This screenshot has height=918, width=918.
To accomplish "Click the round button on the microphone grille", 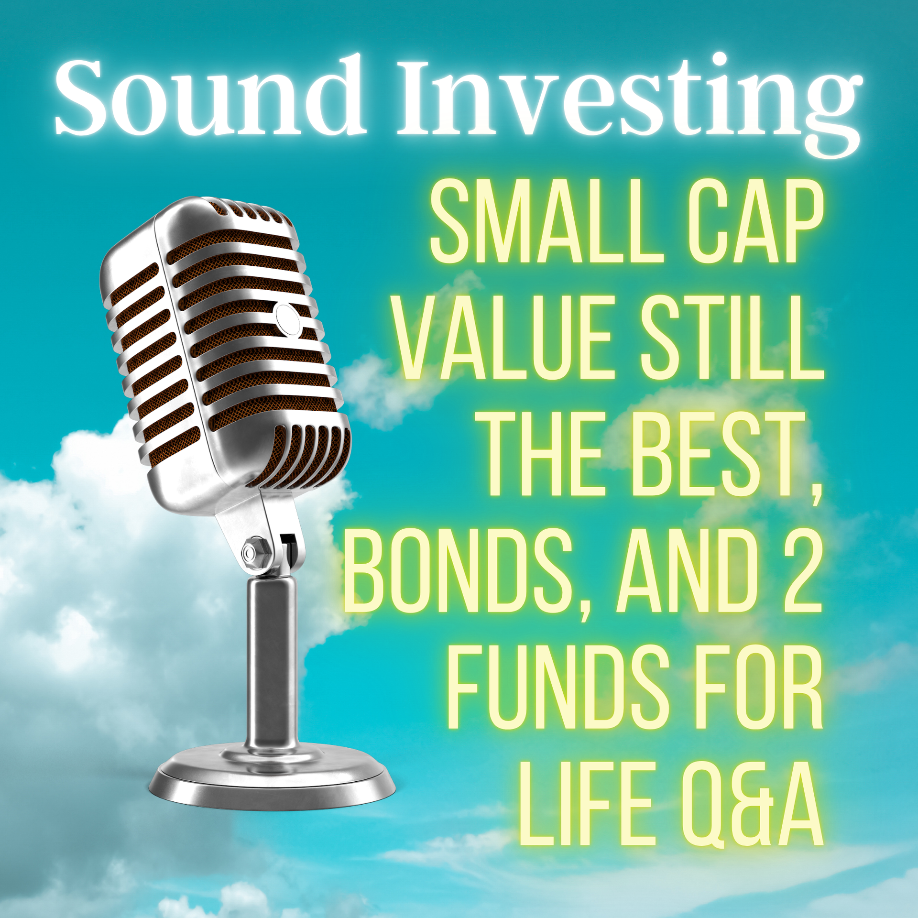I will pos(288,318).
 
